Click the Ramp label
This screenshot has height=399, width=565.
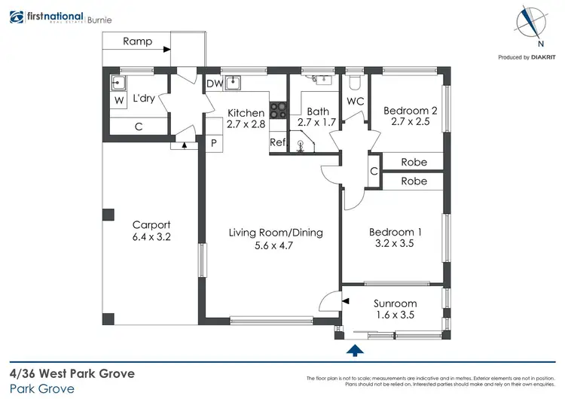pyautogui.click(x=137, y=42)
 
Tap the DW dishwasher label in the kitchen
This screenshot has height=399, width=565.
pyautogui.click(x=214, y=84)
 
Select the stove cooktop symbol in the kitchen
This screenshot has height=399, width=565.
pyautogui.click(x=279, y=111)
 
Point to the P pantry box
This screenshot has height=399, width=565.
pyautogui.click(x=213, y=143)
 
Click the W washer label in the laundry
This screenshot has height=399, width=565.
pyautogui.click(x=119, y=100)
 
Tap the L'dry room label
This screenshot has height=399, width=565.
pyautogui.click(x=145, y=99)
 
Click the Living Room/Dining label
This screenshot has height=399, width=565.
pyautogui.click(x=276, y=233)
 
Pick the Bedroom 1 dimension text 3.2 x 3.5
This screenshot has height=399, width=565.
pyautogui.click(x=395, y=245)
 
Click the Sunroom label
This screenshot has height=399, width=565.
pyautogui.click(x=395, y=303)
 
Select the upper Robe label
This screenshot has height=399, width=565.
pyautogui.click(x=414, y=162)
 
